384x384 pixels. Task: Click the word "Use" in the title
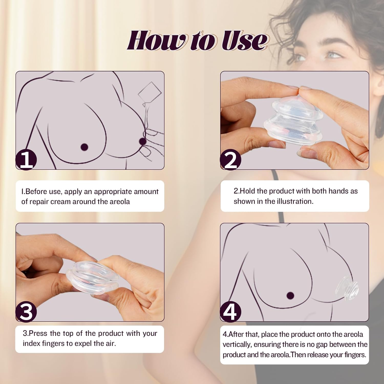(x=244, y=40)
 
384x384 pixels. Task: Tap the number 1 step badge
(x=26, y=160)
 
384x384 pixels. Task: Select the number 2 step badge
(x=231, y=160)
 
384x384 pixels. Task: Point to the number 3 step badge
(x=26, y=312)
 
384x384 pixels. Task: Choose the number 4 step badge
(x=231, y=312)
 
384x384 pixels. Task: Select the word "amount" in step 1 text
(x=146, y=192)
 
